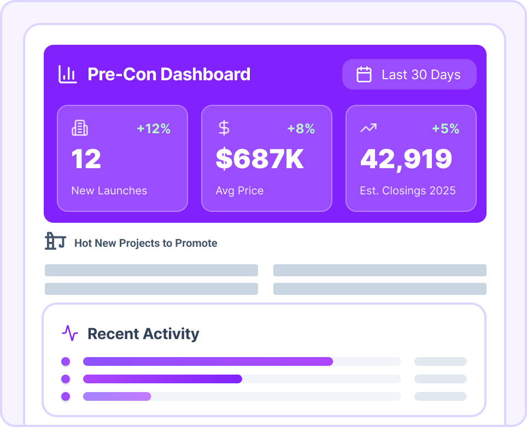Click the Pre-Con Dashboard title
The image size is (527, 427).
click(x=169, y=74)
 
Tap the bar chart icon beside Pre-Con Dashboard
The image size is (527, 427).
click(x=68, y=74)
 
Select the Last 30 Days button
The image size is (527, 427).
click(x=409, y=74)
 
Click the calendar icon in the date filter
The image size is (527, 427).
click(x=364, y=74)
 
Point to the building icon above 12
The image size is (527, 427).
click(x=80, y=128)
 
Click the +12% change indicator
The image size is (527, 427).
click(x=154, y=129)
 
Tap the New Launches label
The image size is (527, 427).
click(x=109, y=191)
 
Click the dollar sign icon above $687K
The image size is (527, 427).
click(x=224, y=128)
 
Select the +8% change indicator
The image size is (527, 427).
click(x=301, y=129)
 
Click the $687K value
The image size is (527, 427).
click(x=260, y=159)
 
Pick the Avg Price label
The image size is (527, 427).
click(x=239, y=191)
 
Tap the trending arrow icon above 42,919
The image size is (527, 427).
click(x=368, y=128)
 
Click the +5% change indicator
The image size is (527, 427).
click(x=446, y=129)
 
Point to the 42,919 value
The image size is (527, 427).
click(x=406, y=159)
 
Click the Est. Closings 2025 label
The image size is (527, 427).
click(x=408, y=191)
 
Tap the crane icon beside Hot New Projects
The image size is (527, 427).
click(x=55, y=241)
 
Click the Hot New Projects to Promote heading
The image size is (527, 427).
click(x=146, y=243)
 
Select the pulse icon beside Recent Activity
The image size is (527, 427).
click(x=70, y=333)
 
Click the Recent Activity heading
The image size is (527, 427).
click(x=143, y=334)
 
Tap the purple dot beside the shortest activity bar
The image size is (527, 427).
click(x=66, y=396)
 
